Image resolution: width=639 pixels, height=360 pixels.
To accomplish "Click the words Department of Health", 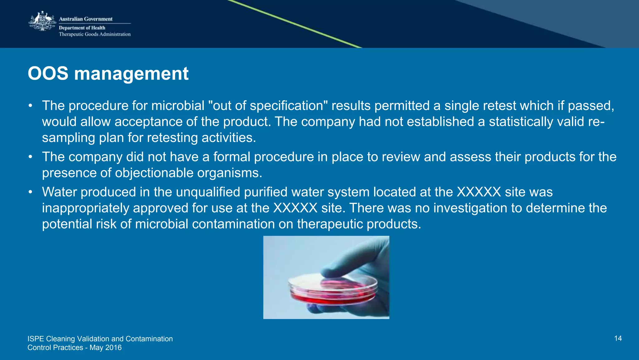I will point(82,28).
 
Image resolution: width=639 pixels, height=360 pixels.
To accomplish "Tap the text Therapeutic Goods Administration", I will point(95,34).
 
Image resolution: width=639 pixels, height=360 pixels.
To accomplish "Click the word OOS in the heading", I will point(48,74).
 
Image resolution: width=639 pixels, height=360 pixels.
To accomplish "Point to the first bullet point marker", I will point(30,106).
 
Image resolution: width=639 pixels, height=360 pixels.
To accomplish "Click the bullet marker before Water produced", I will point(30,192).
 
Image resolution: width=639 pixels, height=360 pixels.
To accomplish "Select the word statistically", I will point(520,122).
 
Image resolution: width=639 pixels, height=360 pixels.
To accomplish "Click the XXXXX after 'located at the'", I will point(479,192).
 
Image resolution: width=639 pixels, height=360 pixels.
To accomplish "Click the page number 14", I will point(618,338).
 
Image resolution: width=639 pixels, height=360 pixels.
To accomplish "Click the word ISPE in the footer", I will point(36,339).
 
